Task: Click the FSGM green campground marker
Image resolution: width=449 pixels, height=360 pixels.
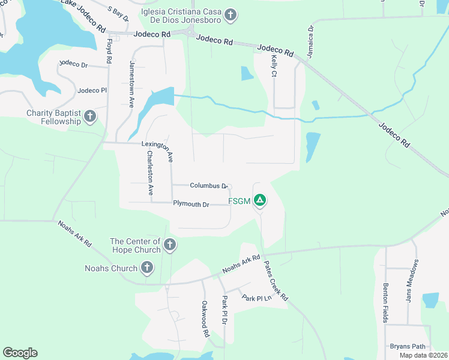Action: [x=260, y=200]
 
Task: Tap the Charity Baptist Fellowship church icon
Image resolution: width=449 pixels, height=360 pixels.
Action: [x=90, y=116]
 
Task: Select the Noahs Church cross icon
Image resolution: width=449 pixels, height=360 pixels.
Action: [x=146, y=268]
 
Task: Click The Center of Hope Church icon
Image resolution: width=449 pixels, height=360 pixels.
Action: [x=170, y=244]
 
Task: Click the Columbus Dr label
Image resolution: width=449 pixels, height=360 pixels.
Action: [x=208, y=186]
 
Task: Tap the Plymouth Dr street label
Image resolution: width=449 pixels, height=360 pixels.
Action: [x=191, y=204]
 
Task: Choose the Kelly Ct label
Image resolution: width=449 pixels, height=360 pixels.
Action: [x=274, y=67]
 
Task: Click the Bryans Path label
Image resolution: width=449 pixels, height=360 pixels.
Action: [x=408, y=346]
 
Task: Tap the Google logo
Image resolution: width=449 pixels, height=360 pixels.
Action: [x=20, y=353]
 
